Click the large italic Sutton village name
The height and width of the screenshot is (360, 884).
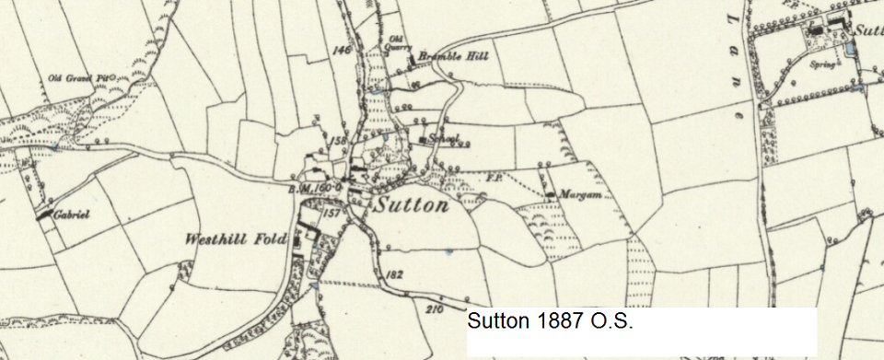[412, 205]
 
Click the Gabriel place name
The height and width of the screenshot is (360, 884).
[71, 214]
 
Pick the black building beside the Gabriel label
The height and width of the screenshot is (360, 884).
[43, 215]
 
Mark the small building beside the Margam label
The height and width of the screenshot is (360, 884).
[550, 195]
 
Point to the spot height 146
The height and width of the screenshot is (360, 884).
[343, 51]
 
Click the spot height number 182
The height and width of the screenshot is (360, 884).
[398, 275]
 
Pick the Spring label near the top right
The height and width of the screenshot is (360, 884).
[822, 65]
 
